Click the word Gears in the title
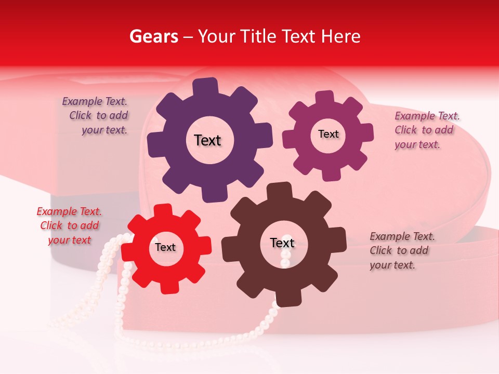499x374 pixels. pyautogui.click(x=153, y=36)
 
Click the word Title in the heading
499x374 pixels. pyautogui.click(x=257, y=36)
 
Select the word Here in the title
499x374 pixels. pyautogui.click(x=340, y=36)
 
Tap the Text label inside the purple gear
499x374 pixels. pyautogui.click(x=207, y=140)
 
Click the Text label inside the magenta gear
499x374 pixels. pyautogui.click(x=328, y=134)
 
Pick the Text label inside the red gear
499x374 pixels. pyautogui.click(x=165, y=247)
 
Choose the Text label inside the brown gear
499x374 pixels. pyautogui.click(x=282, y=243)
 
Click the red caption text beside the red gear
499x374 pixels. pyautogui.click(x=70, y=225)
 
